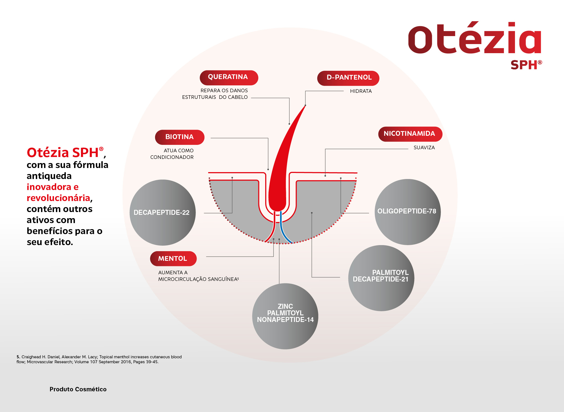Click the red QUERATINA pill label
click(x=229, y=78)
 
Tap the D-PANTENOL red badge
click(x=348, y=78)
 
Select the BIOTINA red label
click(x=180, y=137)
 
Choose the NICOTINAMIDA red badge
click(x=410, y=134)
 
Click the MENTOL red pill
click(x=173, y=259)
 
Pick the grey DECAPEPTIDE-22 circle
click(x=162, y=213)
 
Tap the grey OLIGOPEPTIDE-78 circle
click(x=408, y=212)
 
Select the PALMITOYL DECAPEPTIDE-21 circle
click(x=381, y=278)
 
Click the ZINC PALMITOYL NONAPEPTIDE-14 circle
click(x=285, y=316)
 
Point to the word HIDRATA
click(x=361, y=91)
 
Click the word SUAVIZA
click(x=424, y=148)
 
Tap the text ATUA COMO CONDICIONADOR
click(x=172, y=154)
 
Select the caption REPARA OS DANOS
click(x=224, y=91)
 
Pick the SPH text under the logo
click(x=524, y=65)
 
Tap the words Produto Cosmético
click(x=78, y=389)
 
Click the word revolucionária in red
click(x=58, y=198)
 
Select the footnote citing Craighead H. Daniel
click(x=99, y=359)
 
